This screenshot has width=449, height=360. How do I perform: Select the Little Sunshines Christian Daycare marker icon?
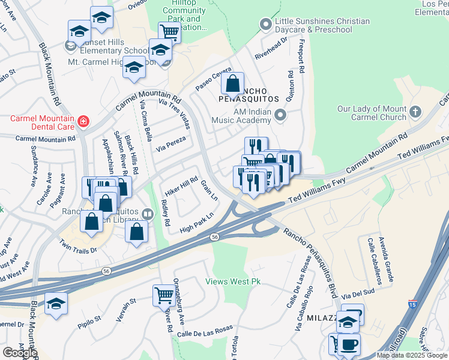coord(265,25)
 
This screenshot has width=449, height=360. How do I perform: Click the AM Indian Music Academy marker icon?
coord(280,115)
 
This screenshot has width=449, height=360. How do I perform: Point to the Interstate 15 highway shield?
coord(412,304)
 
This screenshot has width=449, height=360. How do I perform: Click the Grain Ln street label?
coord(208,190)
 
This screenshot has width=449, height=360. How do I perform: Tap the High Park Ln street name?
coord(196,223)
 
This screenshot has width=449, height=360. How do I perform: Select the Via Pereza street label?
coord(170,143)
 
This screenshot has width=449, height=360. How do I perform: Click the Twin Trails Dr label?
coord(78,247)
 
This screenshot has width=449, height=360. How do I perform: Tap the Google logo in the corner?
coord(20,353)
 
